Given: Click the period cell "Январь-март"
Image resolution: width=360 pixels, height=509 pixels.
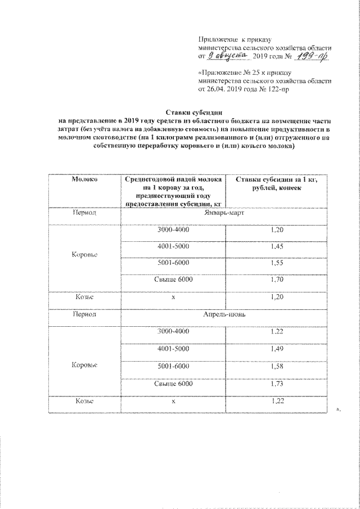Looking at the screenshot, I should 227,214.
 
